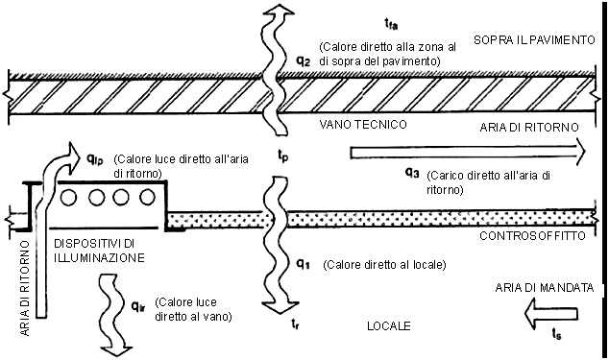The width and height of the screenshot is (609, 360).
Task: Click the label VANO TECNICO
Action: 363,124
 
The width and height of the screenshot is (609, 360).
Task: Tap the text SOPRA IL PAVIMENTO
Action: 534,40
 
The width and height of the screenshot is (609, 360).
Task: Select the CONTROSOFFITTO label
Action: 532,236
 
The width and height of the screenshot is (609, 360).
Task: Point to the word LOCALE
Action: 389,325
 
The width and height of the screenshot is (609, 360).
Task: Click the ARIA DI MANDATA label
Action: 545,288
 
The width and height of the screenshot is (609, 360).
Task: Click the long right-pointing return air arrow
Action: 468,153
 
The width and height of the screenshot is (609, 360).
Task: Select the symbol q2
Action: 304,61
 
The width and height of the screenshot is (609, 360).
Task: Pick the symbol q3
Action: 412,173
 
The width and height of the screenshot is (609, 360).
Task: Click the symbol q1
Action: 303,264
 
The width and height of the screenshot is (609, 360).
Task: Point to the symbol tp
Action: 282,156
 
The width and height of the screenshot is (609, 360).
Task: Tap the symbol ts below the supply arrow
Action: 556,334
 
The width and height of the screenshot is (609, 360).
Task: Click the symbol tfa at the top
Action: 391,25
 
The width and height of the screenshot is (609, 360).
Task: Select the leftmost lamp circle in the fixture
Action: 69,198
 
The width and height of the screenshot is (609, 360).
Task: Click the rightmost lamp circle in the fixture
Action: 147,198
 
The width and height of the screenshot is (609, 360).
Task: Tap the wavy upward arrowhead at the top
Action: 277,12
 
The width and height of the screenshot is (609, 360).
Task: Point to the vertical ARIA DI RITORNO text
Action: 24,288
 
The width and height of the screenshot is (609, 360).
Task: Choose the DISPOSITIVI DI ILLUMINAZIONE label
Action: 99,251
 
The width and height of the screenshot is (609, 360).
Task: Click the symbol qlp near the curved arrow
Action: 95,158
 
